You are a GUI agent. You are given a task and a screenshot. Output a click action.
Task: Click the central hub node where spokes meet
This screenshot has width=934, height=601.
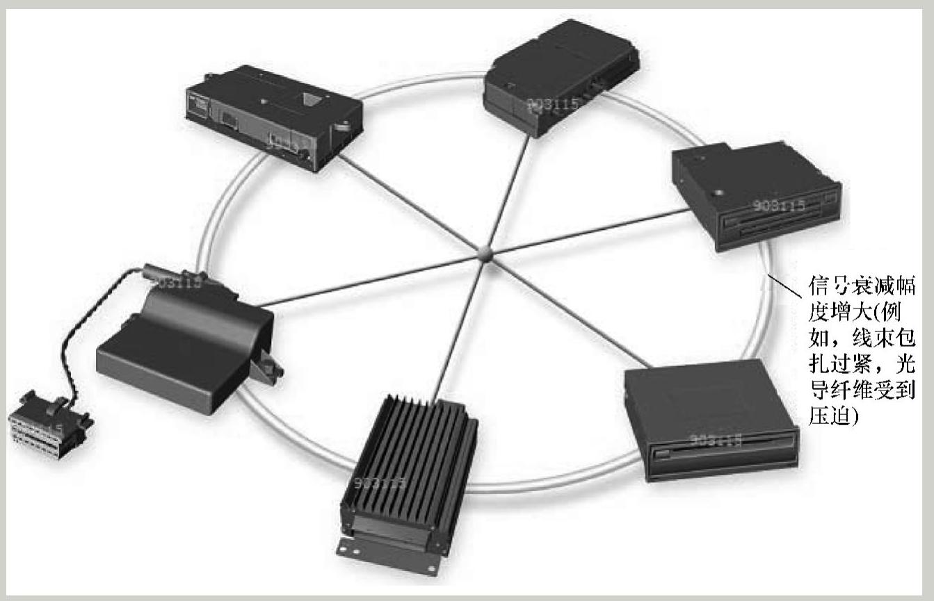tap(485, 254)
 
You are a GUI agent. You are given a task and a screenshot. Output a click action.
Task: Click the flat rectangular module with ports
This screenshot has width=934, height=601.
tap(275, 115)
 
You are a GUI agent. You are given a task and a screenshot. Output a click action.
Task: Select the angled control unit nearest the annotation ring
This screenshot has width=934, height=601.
tap(560, 76)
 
